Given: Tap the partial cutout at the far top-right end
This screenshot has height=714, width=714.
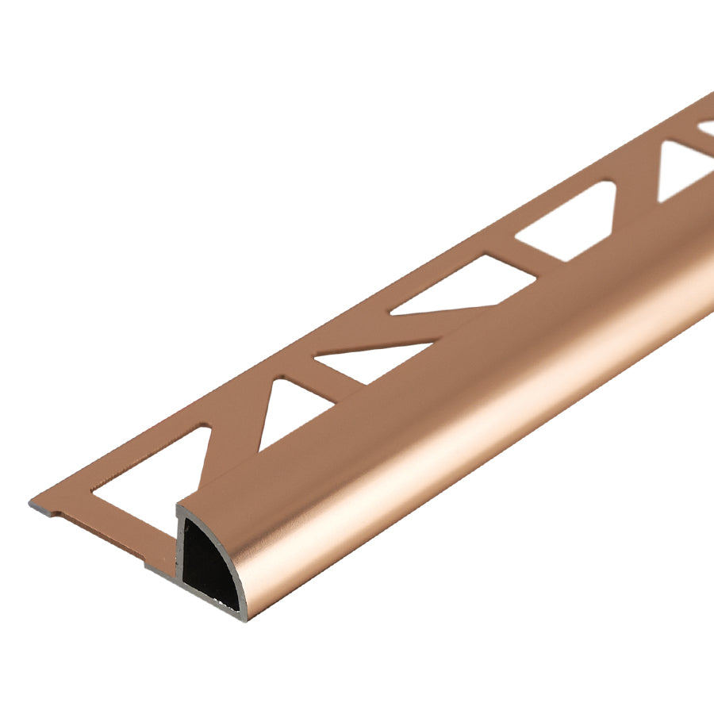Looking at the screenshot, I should coord(706,127).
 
